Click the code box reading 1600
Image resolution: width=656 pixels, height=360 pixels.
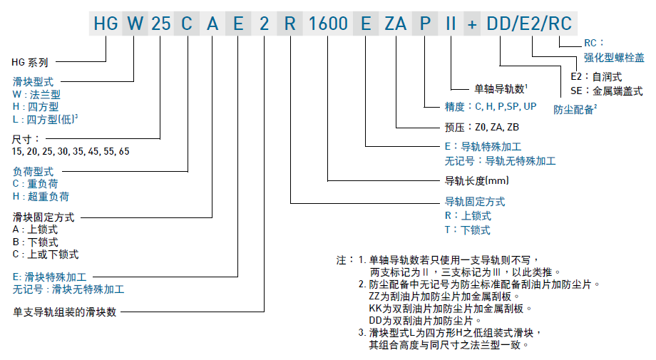coord(328,24)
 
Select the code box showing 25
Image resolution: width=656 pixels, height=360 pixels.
coord(160,24)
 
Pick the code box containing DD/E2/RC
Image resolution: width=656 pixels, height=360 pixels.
coord(529,24)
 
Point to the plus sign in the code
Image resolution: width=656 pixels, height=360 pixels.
coord(471,24)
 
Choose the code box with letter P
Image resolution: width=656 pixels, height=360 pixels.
coord(425,24)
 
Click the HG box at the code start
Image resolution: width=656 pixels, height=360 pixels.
coord(105,24)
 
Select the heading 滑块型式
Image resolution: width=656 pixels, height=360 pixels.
coord(33,82)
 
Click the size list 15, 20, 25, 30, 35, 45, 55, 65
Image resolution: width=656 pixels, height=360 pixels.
coord(71,151)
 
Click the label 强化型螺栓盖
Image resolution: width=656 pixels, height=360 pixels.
coord(614,57)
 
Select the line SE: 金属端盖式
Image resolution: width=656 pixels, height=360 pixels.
coord(606,91)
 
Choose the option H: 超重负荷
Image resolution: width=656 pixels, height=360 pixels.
coord(41,196)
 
